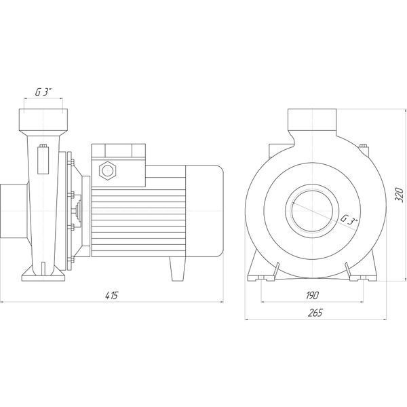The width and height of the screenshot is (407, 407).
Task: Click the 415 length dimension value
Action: click(112, 296)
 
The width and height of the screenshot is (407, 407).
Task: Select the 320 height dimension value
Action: click(400, 195)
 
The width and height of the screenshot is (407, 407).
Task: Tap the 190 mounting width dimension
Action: click(312, 296)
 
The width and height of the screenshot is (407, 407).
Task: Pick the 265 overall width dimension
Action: click(315, 313)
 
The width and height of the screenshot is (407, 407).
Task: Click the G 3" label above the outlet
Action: click(43, 92)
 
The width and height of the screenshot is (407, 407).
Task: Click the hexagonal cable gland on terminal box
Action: click(107, 170)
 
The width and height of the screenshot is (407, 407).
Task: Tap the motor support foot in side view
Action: click(178, 269)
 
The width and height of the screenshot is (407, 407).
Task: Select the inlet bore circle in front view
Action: click(312, 210)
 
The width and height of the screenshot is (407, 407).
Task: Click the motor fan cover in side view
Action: click(204, 211)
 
